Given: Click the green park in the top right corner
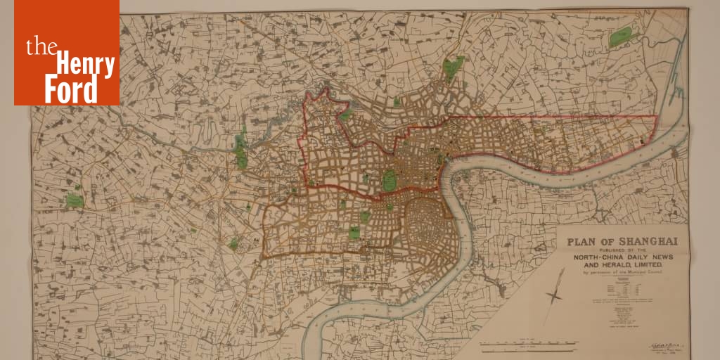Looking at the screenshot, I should click(620, 37).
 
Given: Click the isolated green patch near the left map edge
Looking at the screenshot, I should click(75, 200).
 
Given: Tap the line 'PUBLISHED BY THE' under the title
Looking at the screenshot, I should click(619, 250).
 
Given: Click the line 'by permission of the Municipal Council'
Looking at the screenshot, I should click(619, 273).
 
